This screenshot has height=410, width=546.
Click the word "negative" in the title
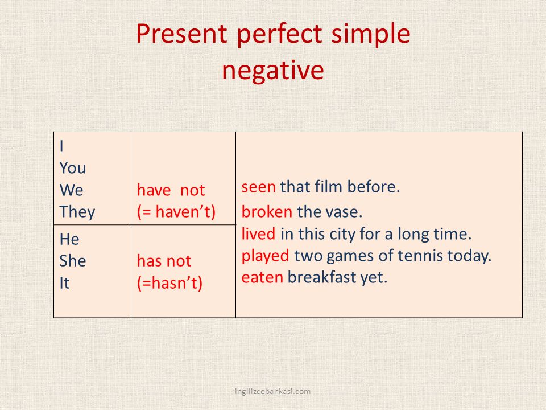click(x=273, y=71)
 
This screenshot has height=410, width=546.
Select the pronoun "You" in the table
click(x=72, y=168)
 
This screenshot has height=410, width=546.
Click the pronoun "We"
click(x=72, y=190)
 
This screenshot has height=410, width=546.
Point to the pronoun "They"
click(x=77, y=212)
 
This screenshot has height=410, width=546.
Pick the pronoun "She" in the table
click(x=73, y=261)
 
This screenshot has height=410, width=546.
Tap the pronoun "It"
click(x=64, y=283)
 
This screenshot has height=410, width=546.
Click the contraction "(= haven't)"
click(x=176, y=212)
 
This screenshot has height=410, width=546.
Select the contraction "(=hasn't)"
click(x=169, y=283)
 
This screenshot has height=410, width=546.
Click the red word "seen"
click(x=258, y=187)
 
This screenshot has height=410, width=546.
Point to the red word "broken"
click(x=267, y=212)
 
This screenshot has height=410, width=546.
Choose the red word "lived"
click(x=258, y=233)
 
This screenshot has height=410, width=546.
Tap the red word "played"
click(x=265, y=256)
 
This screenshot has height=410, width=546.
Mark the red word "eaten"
click(x=262, y=278)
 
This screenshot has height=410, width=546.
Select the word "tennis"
click(x=420, y=256)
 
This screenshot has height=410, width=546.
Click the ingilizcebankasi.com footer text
click(x=272, y=392)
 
